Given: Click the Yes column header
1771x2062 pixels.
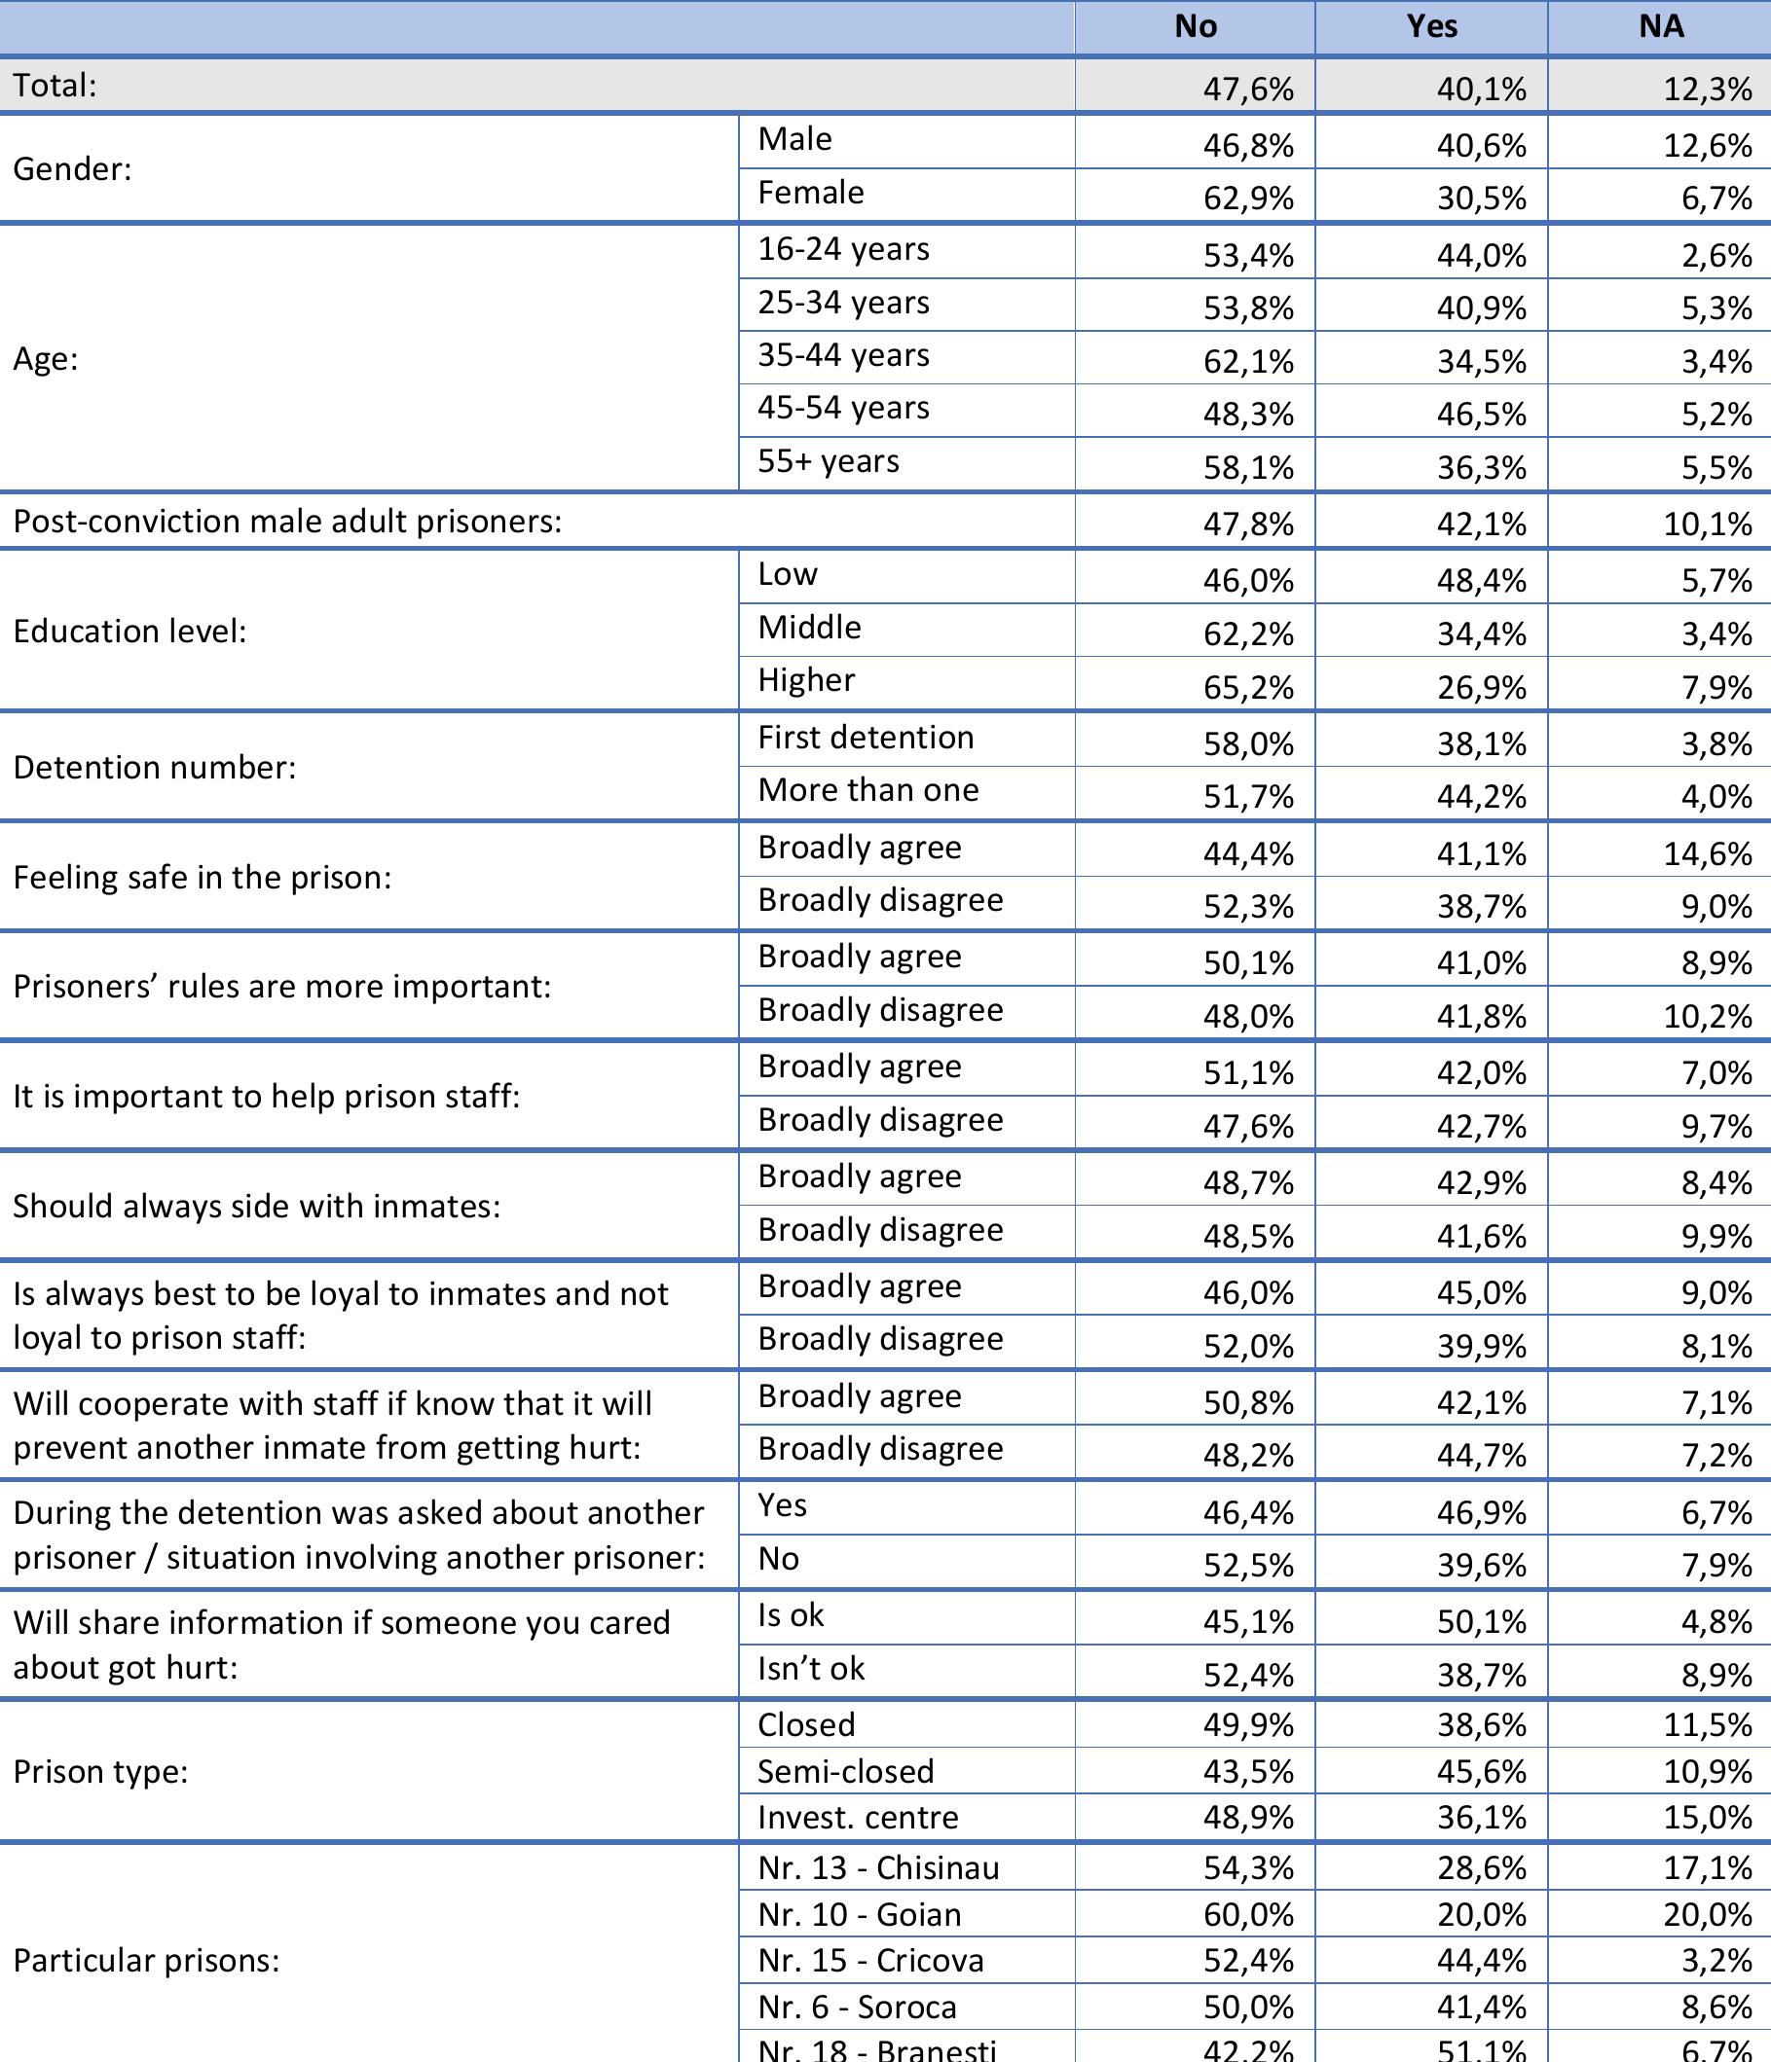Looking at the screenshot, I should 1431,27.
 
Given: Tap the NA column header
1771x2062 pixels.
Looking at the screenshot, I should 1661,27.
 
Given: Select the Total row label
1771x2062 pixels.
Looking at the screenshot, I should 55,86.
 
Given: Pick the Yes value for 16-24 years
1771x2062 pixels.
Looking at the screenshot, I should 1481,256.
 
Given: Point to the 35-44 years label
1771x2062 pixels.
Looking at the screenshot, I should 843,355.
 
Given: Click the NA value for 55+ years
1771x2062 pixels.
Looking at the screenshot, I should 1716,468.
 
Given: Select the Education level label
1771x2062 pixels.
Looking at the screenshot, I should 129,631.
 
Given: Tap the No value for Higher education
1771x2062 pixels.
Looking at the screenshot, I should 1248,688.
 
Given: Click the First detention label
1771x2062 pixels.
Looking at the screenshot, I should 866,738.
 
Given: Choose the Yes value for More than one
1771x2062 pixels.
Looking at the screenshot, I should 1481,797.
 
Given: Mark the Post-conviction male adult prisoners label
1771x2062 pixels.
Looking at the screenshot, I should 287,522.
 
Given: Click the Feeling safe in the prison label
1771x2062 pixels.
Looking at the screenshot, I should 203,877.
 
